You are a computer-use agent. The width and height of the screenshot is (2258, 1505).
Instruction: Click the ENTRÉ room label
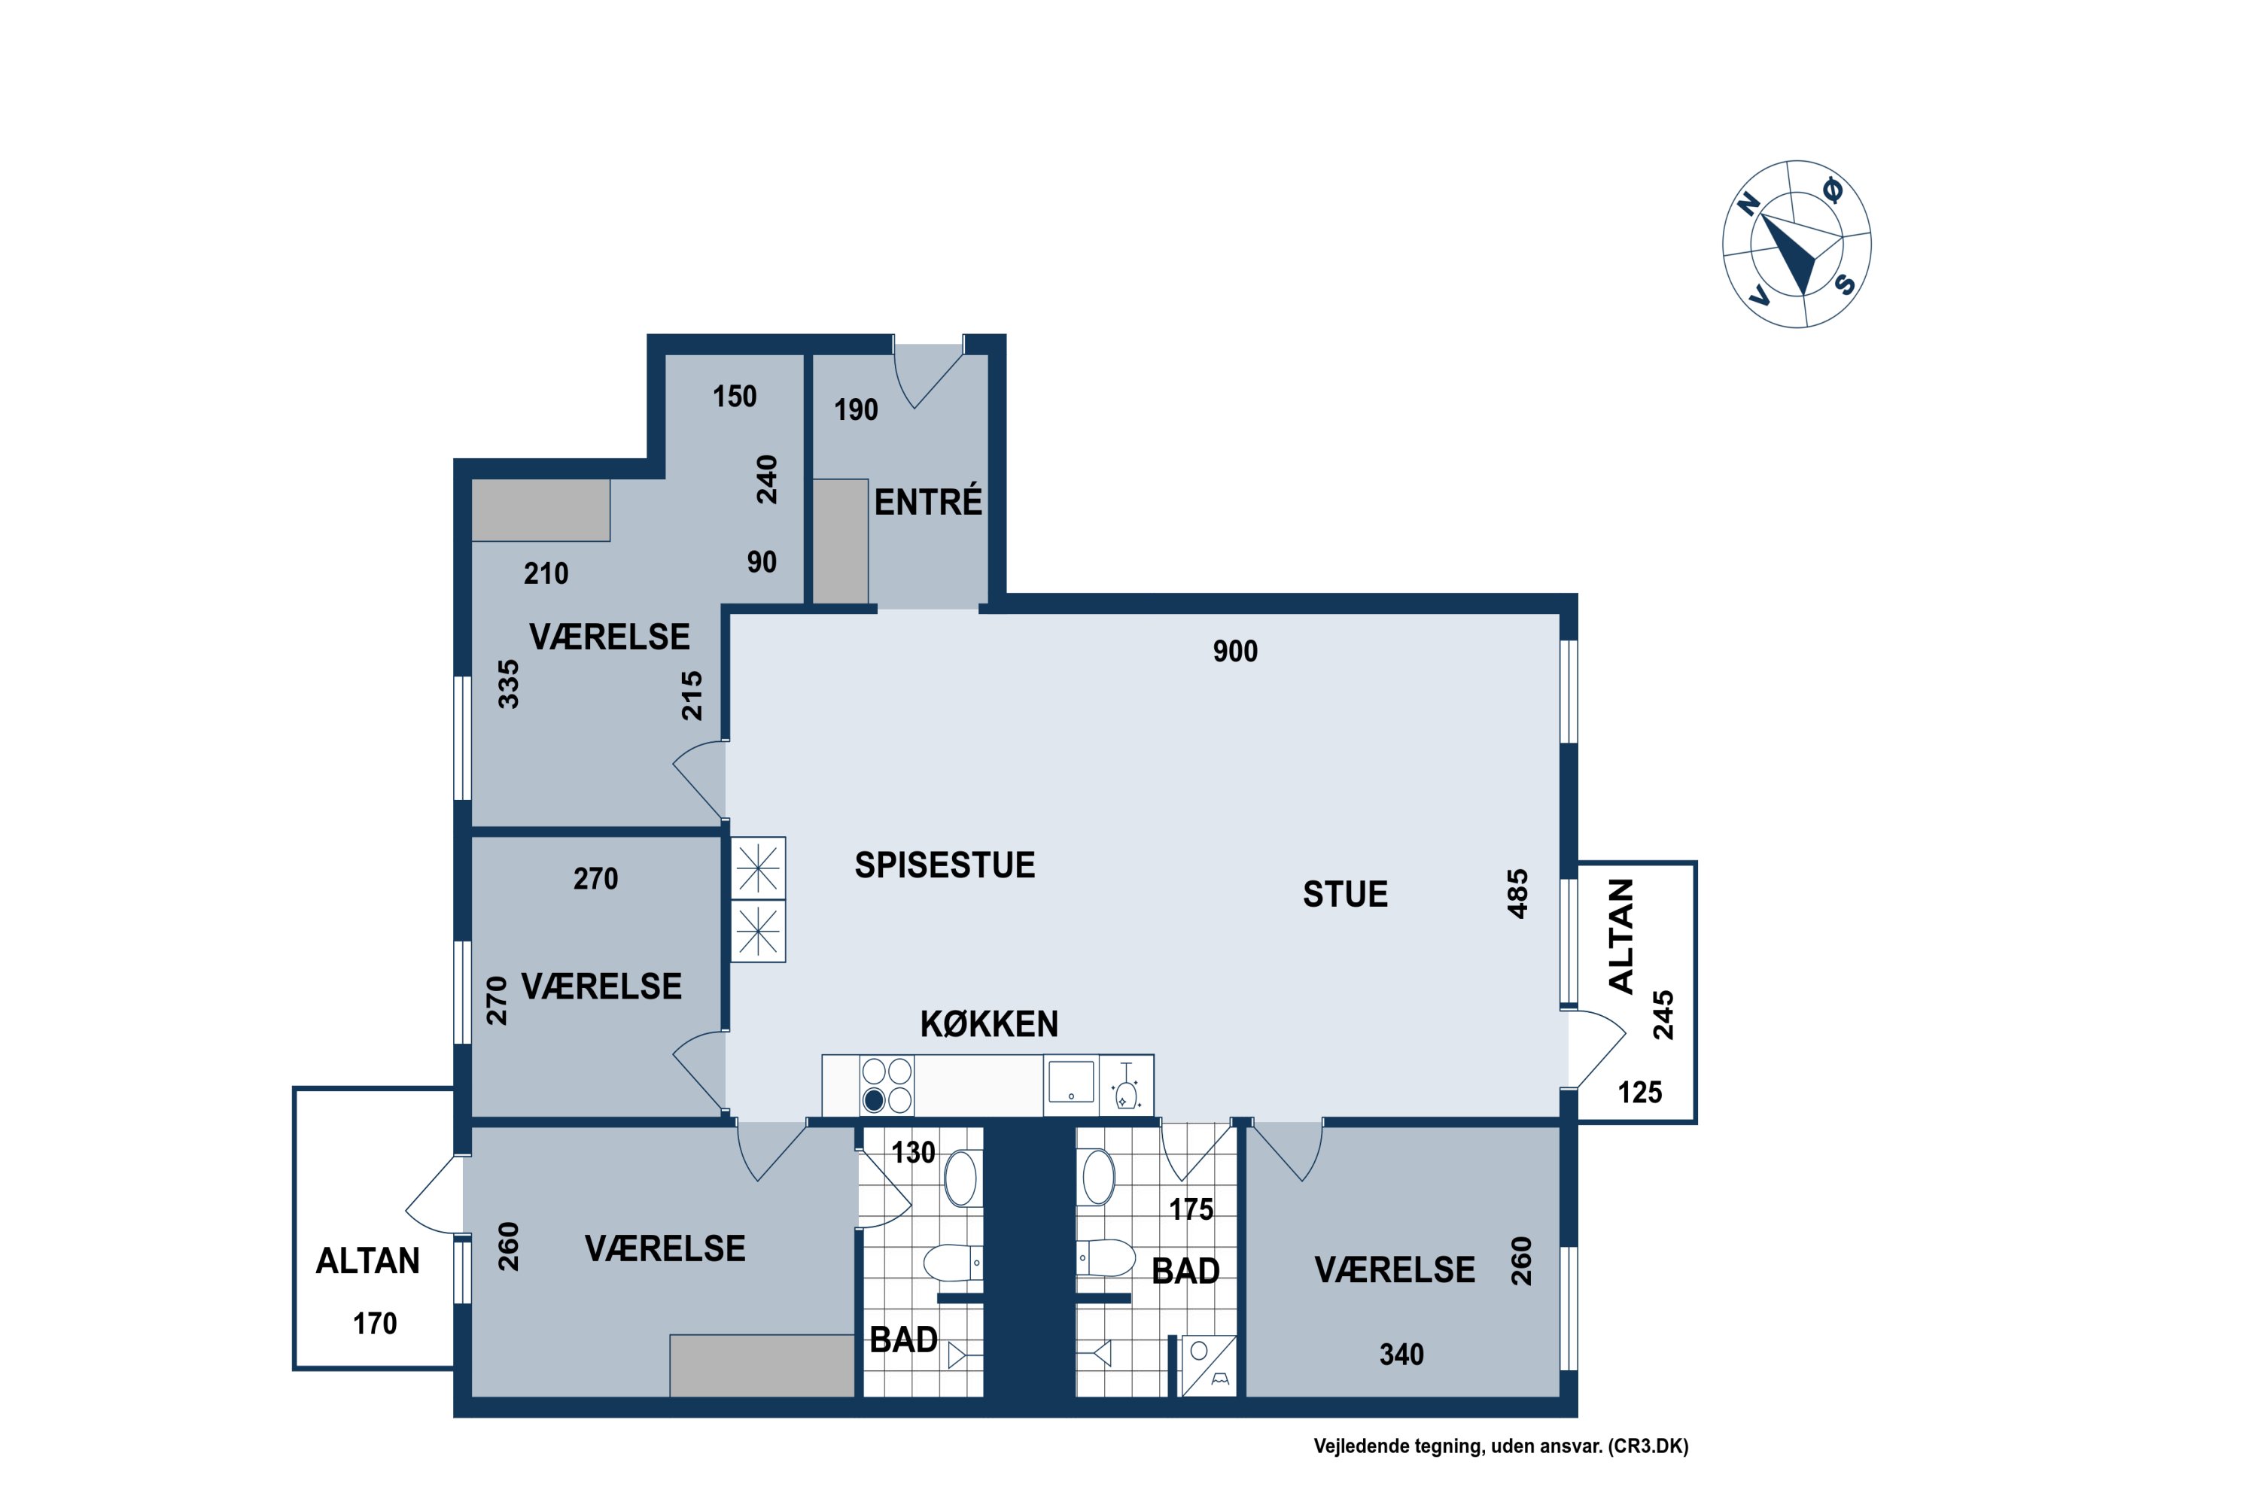pyautogui.click(x=928, y=502)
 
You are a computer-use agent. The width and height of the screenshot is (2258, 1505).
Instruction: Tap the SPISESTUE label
pyautogui.click(x=945, y=865)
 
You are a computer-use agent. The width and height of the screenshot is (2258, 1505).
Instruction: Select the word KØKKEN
pyautogui.click(x=989, y=1024)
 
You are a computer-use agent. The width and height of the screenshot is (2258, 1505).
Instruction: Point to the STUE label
pyautogui.click(x=1345, y=895)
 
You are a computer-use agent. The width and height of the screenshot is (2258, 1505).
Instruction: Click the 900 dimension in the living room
pyautogui.click(x=1234, y=652)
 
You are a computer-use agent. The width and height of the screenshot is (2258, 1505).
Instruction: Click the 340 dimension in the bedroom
pyautogui.click(x=1401, y=1354)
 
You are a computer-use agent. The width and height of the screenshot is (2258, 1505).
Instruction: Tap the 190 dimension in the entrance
pyautogui.click(x=855, y=410)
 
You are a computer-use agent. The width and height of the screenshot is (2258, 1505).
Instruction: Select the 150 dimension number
pyautogui.click(x=735, y=397)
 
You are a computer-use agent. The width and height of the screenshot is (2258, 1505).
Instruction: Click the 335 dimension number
pyautogui.click(x=508, y=684)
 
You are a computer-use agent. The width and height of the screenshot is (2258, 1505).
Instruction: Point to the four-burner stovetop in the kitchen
pyautogui.click(x=886, y=1086)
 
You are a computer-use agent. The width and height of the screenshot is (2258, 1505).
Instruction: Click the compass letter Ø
pyautogui.click(x=1833, y=191)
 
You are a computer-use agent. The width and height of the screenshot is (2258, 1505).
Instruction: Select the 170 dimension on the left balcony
pyautogui.click(x=374, y=1324)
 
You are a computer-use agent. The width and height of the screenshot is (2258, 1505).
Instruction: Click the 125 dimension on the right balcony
pyautogui.click(x=1640, y=1093)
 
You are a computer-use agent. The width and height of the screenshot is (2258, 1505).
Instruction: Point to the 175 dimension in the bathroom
pyautogui.click(x=1191, y=1209)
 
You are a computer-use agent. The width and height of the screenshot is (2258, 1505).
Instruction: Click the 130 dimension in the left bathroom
pyautogui.click(x=913, y=1152)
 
